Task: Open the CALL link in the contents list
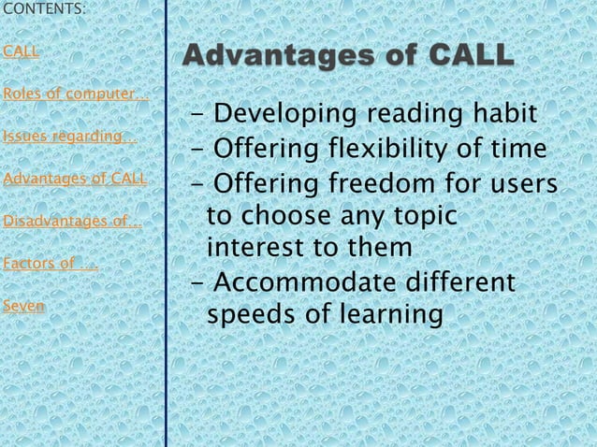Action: [x=22, y=51]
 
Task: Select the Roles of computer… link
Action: [x=75, y=94]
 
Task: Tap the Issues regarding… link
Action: [x=69, y=137]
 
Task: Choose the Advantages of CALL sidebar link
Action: [x=75, y=180]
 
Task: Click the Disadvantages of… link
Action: [x=72, y=222]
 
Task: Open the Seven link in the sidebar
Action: [x=23, y=306]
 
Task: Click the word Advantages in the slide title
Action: [x=276, y=56]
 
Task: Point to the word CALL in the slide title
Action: [x=465, y=56]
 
